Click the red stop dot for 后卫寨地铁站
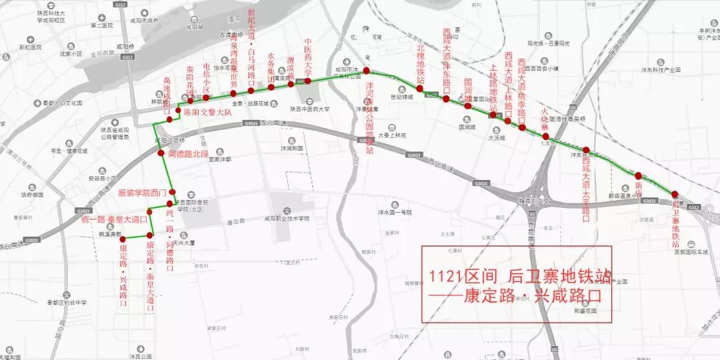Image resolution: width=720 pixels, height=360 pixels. point(674,194)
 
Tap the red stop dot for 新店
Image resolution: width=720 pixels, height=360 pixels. point(638,175)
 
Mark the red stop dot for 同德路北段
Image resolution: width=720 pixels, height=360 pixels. point(161,153)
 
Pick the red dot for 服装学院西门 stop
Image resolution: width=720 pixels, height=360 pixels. point(173,193)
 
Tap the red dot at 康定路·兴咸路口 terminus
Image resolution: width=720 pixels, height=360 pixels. point(123,239)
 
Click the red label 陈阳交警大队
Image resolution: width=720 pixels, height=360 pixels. point(207,112)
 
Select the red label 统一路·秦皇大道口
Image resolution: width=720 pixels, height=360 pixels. point(114,219)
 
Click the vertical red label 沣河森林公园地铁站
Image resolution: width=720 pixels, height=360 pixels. point(370,117)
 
